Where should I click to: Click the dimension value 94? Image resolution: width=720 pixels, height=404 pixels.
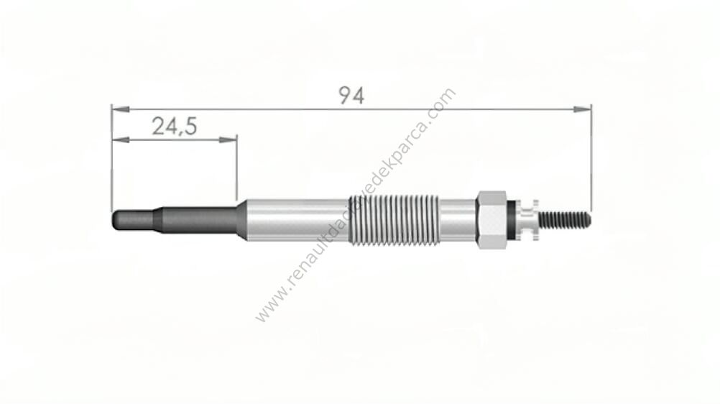[351, 95]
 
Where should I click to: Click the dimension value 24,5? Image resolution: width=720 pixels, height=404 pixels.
[175, 126]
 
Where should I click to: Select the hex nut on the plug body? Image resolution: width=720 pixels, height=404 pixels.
[491, 220]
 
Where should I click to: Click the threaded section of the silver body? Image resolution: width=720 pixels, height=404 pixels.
[394, 220]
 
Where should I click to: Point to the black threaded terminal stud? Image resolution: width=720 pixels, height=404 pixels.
[565, 220]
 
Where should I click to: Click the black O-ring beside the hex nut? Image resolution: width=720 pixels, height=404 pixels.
[510, 220]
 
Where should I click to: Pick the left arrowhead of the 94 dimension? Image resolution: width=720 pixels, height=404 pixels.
[120, 109]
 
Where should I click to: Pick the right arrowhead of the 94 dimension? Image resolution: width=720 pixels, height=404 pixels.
[582, 109]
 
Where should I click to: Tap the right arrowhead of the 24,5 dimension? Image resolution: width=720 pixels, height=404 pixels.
[229, 139]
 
